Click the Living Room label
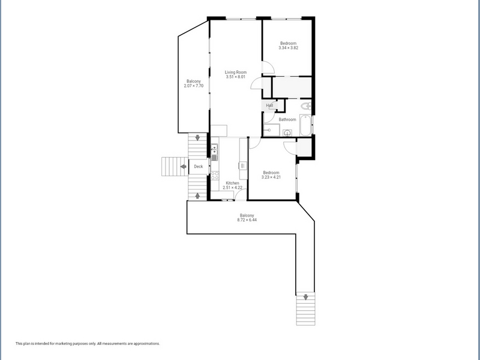tap(236, 72)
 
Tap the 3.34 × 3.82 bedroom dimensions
tap(289, 48)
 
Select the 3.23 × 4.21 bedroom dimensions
tap(271, 177)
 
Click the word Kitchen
tap(232, 183)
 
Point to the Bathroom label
tap(287, 119)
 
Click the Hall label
tap(269, 106)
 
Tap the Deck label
tap(199, 167)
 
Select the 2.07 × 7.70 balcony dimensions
tap(193, 86)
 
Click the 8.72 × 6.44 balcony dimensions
tap(247, 220)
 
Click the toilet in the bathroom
tap(306, 106)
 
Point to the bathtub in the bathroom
tap(305, 125)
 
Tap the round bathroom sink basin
tap(287, 133)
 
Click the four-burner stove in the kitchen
tap(215, 176)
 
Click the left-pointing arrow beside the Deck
tap(184, 167)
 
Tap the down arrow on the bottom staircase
tap(305, 297)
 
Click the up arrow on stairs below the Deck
tap(197, 196)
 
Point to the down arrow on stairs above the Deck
tap(197, 138)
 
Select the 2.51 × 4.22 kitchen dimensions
tap(232, 188)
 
